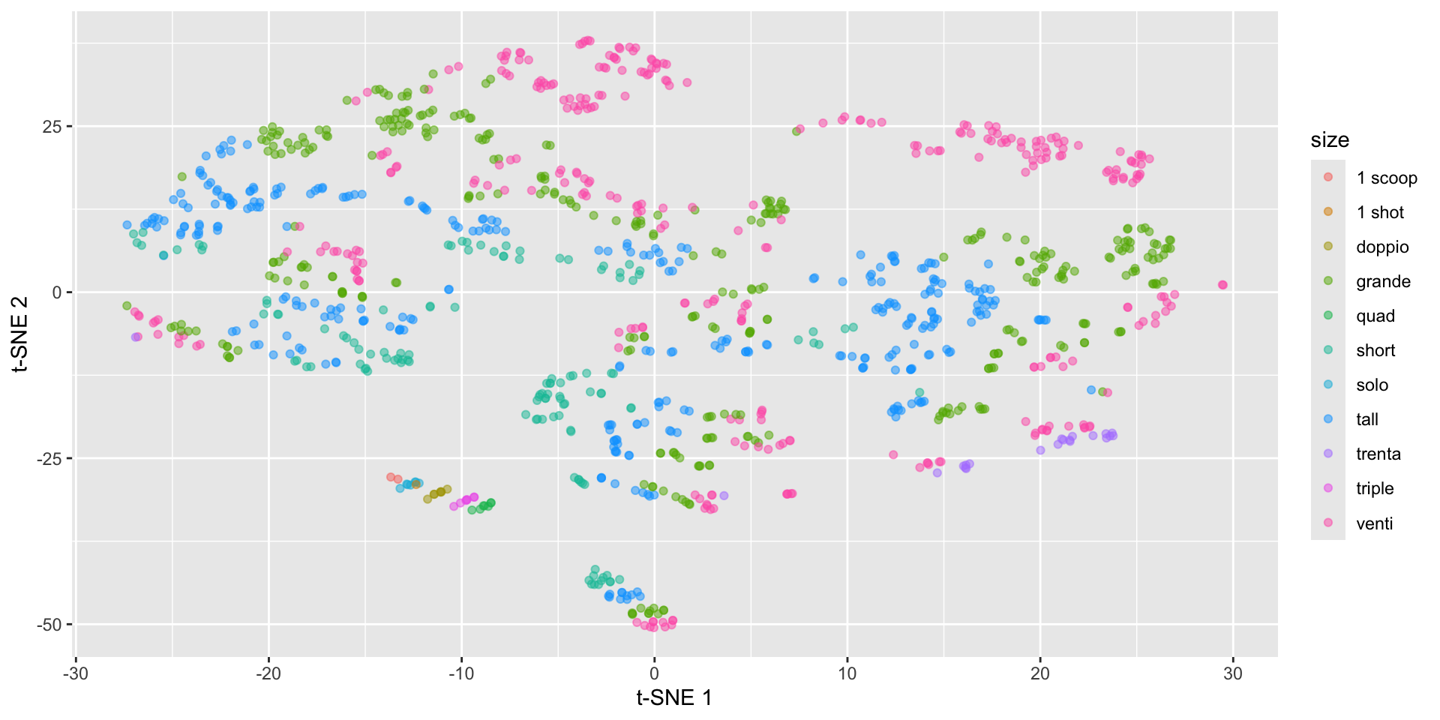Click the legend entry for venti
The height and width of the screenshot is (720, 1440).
1374,523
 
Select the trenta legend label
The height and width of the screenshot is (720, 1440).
1378,454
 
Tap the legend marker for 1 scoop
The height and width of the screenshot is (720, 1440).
1328,177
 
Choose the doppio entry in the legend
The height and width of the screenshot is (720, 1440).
1381,247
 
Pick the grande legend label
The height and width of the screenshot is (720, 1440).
1383,281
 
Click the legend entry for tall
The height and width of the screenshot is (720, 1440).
1366,419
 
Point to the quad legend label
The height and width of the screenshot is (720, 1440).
1375,316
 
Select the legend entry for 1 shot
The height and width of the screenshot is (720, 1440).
1379,212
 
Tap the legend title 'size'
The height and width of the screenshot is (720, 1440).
1330,140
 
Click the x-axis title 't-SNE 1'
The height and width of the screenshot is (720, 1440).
673,698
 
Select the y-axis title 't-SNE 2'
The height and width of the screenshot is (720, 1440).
20,334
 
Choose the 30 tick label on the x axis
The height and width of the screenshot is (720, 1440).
1233,673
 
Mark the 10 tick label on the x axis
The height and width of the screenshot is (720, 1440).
847,673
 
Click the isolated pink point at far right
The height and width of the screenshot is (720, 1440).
1222,285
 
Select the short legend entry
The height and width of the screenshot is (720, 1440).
1375,350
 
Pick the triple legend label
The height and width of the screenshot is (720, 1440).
1374,488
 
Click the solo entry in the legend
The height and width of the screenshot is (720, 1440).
1372,385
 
